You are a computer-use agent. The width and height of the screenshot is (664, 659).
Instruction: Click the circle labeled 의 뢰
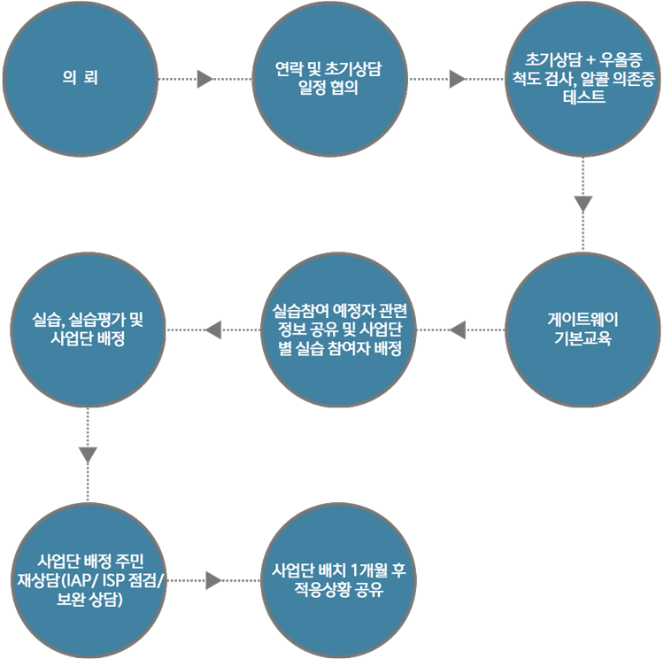tap(81, 79)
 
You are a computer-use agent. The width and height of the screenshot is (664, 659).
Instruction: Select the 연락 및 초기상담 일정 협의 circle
tap(329, 79)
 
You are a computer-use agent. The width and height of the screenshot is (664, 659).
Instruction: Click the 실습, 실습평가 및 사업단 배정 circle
tap(88, 329)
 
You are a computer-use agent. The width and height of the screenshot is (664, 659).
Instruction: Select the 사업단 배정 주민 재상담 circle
tap(88, 579)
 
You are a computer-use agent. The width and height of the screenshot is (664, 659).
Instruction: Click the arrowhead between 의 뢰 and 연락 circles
tap(205, 79)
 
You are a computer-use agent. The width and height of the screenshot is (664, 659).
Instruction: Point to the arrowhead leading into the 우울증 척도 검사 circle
tap(458, 79)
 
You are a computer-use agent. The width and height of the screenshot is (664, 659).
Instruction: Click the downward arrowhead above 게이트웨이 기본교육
tap(583, 204)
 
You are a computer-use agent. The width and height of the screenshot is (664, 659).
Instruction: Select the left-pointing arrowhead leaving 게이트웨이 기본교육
tap(458, 329)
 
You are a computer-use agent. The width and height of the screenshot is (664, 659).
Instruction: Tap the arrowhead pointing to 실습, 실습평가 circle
tap(212, 329)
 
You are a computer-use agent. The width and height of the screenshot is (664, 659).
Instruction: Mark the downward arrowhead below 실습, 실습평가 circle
tap(88, 454)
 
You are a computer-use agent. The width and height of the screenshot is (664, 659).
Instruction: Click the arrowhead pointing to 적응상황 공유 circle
tap(212, 579)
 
